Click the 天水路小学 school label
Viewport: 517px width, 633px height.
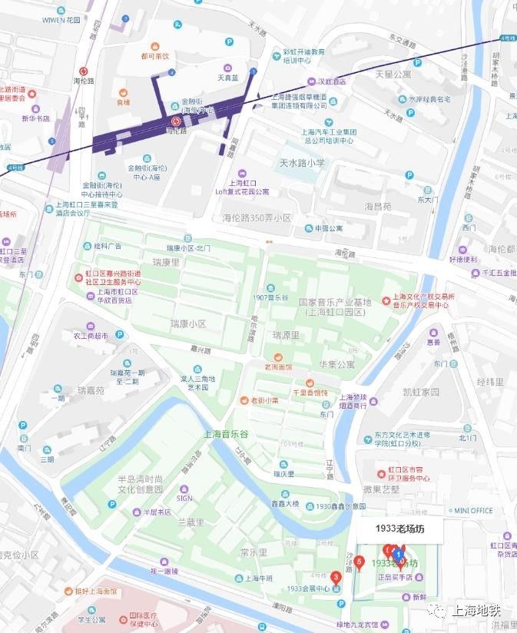coord(302,163)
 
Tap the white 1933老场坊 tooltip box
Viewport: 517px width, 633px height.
coord(399,529)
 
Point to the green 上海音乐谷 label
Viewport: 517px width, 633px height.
coord(228,434)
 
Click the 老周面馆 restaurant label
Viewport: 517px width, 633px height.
coord(277,366)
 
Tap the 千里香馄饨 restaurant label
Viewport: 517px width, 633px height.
coord(310,393)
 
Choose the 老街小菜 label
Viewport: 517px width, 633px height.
coord(257,400)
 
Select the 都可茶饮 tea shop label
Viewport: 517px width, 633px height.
coord(154,56)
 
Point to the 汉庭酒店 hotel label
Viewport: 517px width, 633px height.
coord(330,81)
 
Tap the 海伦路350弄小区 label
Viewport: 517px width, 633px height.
coord(257,218)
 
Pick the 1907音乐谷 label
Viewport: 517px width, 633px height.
coord(270,297)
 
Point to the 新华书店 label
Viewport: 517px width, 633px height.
coord(35,118)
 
